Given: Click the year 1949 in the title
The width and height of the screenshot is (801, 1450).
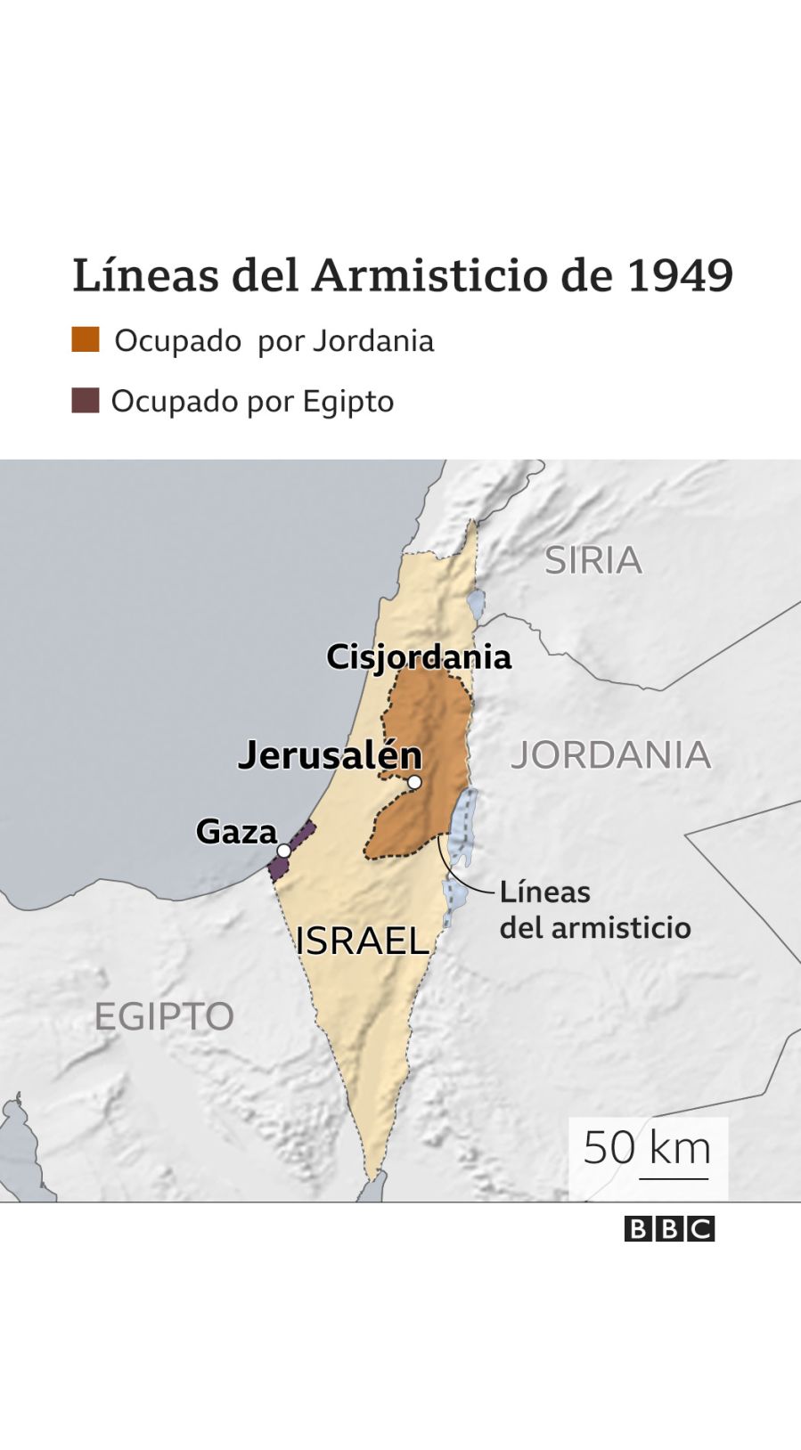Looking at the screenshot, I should (x=680, y=275).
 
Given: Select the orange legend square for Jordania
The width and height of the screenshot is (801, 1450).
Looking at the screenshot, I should (x=86, y=339).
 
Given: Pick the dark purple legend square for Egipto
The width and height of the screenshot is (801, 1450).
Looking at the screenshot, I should (x=86, y=400).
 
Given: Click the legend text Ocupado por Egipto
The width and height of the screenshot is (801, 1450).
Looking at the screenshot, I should (x=252, y=402).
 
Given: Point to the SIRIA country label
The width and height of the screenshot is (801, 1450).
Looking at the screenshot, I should (x=593, y=560).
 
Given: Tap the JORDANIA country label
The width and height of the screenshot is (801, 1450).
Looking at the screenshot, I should (x=610, y=755).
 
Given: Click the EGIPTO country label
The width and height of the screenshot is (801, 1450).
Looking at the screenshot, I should (x=164, y=1016).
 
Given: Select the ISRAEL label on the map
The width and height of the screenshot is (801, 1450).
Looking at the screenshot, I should (x=363, y=941).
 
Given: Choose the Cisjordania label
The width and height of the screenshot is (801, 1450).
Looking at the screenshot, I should (x=419, y=657).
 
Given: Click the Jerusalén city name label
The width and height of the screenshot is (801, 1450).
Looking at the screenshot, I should (x=330, y=755).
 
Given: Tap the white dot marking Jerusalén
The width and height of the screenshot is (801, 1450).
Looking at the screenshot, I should (x=414, y=782).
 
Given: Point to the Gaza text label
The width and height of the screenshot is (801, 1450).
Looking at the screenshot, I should (x=236, y=831).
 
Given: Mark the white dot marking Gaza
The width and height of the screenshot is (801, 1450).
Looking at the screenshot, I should (x=283, y=851).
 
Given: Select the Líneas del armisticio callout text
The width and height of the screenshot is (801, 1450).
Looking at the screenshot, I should (x=594, y=909).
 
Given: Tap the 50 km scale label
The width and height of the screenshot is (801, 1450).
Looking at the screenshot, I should (x=647, y=1147).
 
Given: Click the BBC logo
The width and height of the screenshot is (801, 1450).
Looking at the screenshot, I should (x=669, y=1229).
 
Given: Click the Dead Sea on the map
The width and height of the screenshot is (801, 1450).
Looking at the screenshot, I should (x=463, y=828).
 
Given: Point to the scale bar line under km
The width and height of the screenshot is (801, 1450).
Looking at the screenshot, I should (x=674, y=1178).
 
